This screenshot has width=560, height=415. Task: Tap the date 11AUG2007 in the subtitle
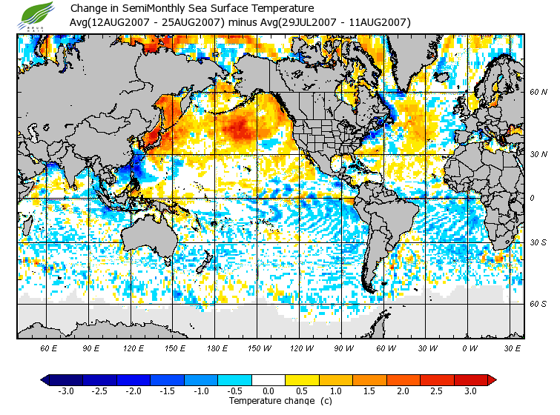pos(379,22)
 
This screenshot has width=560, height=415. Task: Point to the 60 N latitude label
pos(538,93)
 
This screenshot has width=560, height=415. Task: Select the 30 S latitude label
pos(538,243)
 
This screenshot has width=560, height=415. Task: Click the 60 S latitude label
pos(538,304)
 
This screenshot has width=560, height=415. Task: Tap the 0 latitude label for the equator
pos(531,198)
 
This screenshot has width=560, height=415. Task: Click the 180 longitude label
pos(216,348)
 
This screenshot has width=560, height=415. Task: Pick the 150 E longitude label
pos(174,348)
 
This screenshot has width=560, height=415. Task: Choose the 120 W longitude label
pos(300,348)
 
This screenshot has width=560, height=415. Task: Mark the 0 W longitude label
pos(469,348)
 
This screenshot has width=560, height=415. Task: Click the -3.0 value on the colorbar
pos(67,391)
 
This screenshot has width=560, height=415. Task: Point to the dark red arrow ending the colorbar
pos(492,380)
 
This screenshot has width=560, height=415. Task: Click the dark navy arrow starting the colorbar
pos(45,380)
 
